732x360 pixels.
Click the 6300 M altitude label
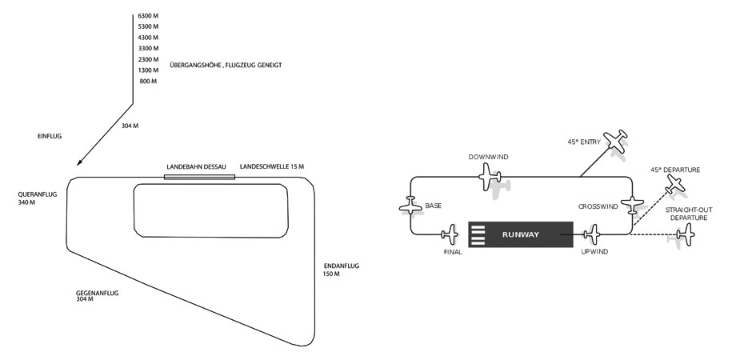(x=148, y=16)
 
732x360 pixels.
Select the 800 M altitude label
(x=148, y=82)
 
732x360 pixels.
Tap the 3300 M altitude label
(x=148, y=49)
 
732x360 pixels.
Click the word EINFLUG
(x=50, y=136)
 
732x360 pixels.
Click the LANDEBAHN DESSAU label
(x=196, y=166)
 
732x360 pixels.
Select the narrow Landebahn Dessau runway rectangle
(x=199, y=177)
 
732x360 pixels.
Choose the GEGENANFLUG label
(x=97, y=294)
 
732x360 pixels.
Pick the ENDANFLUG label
(x=342, y=266)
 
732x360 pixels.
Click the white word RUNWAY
(x=521, y=235)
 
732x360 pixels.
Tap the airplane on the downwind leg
(x=490, y=177)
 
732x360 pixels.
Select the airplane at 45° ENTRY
(x=615, y=140)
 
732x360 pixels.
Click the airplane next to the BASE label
(x=410, y=206)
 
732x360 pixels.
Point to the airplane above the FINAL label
(x=450, y=234)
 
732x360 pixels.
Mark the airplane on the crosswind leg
(x=633, y=206)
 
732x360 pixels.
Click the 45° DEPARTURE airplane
(x=675, y=183)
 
